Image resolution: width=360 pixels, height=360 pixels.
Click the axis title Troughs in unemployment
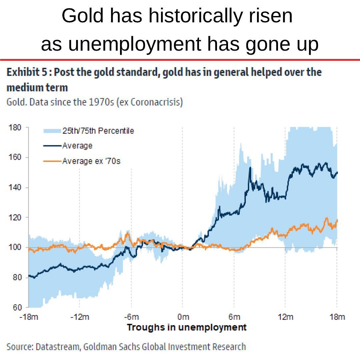click(186, 327)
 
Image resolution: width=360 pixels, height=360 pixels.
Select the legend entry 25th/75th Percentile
click(98, 131)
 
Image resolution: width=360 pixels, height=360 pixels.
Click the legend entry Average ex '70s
click(91, 161)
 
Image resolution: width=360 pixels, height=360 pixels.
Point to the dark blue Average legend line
click(52, 146)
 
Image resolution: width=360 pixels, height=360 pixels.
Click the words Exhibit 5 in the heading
click(27, 72)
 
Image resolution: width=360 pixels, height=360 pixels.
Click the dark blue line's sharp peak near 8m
click(250, 168)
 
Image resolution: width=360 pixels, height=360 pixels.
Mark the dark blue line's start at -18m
click(29, 276)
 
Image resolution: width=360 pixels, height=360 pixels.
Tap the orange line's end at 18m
click(337, 220)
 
